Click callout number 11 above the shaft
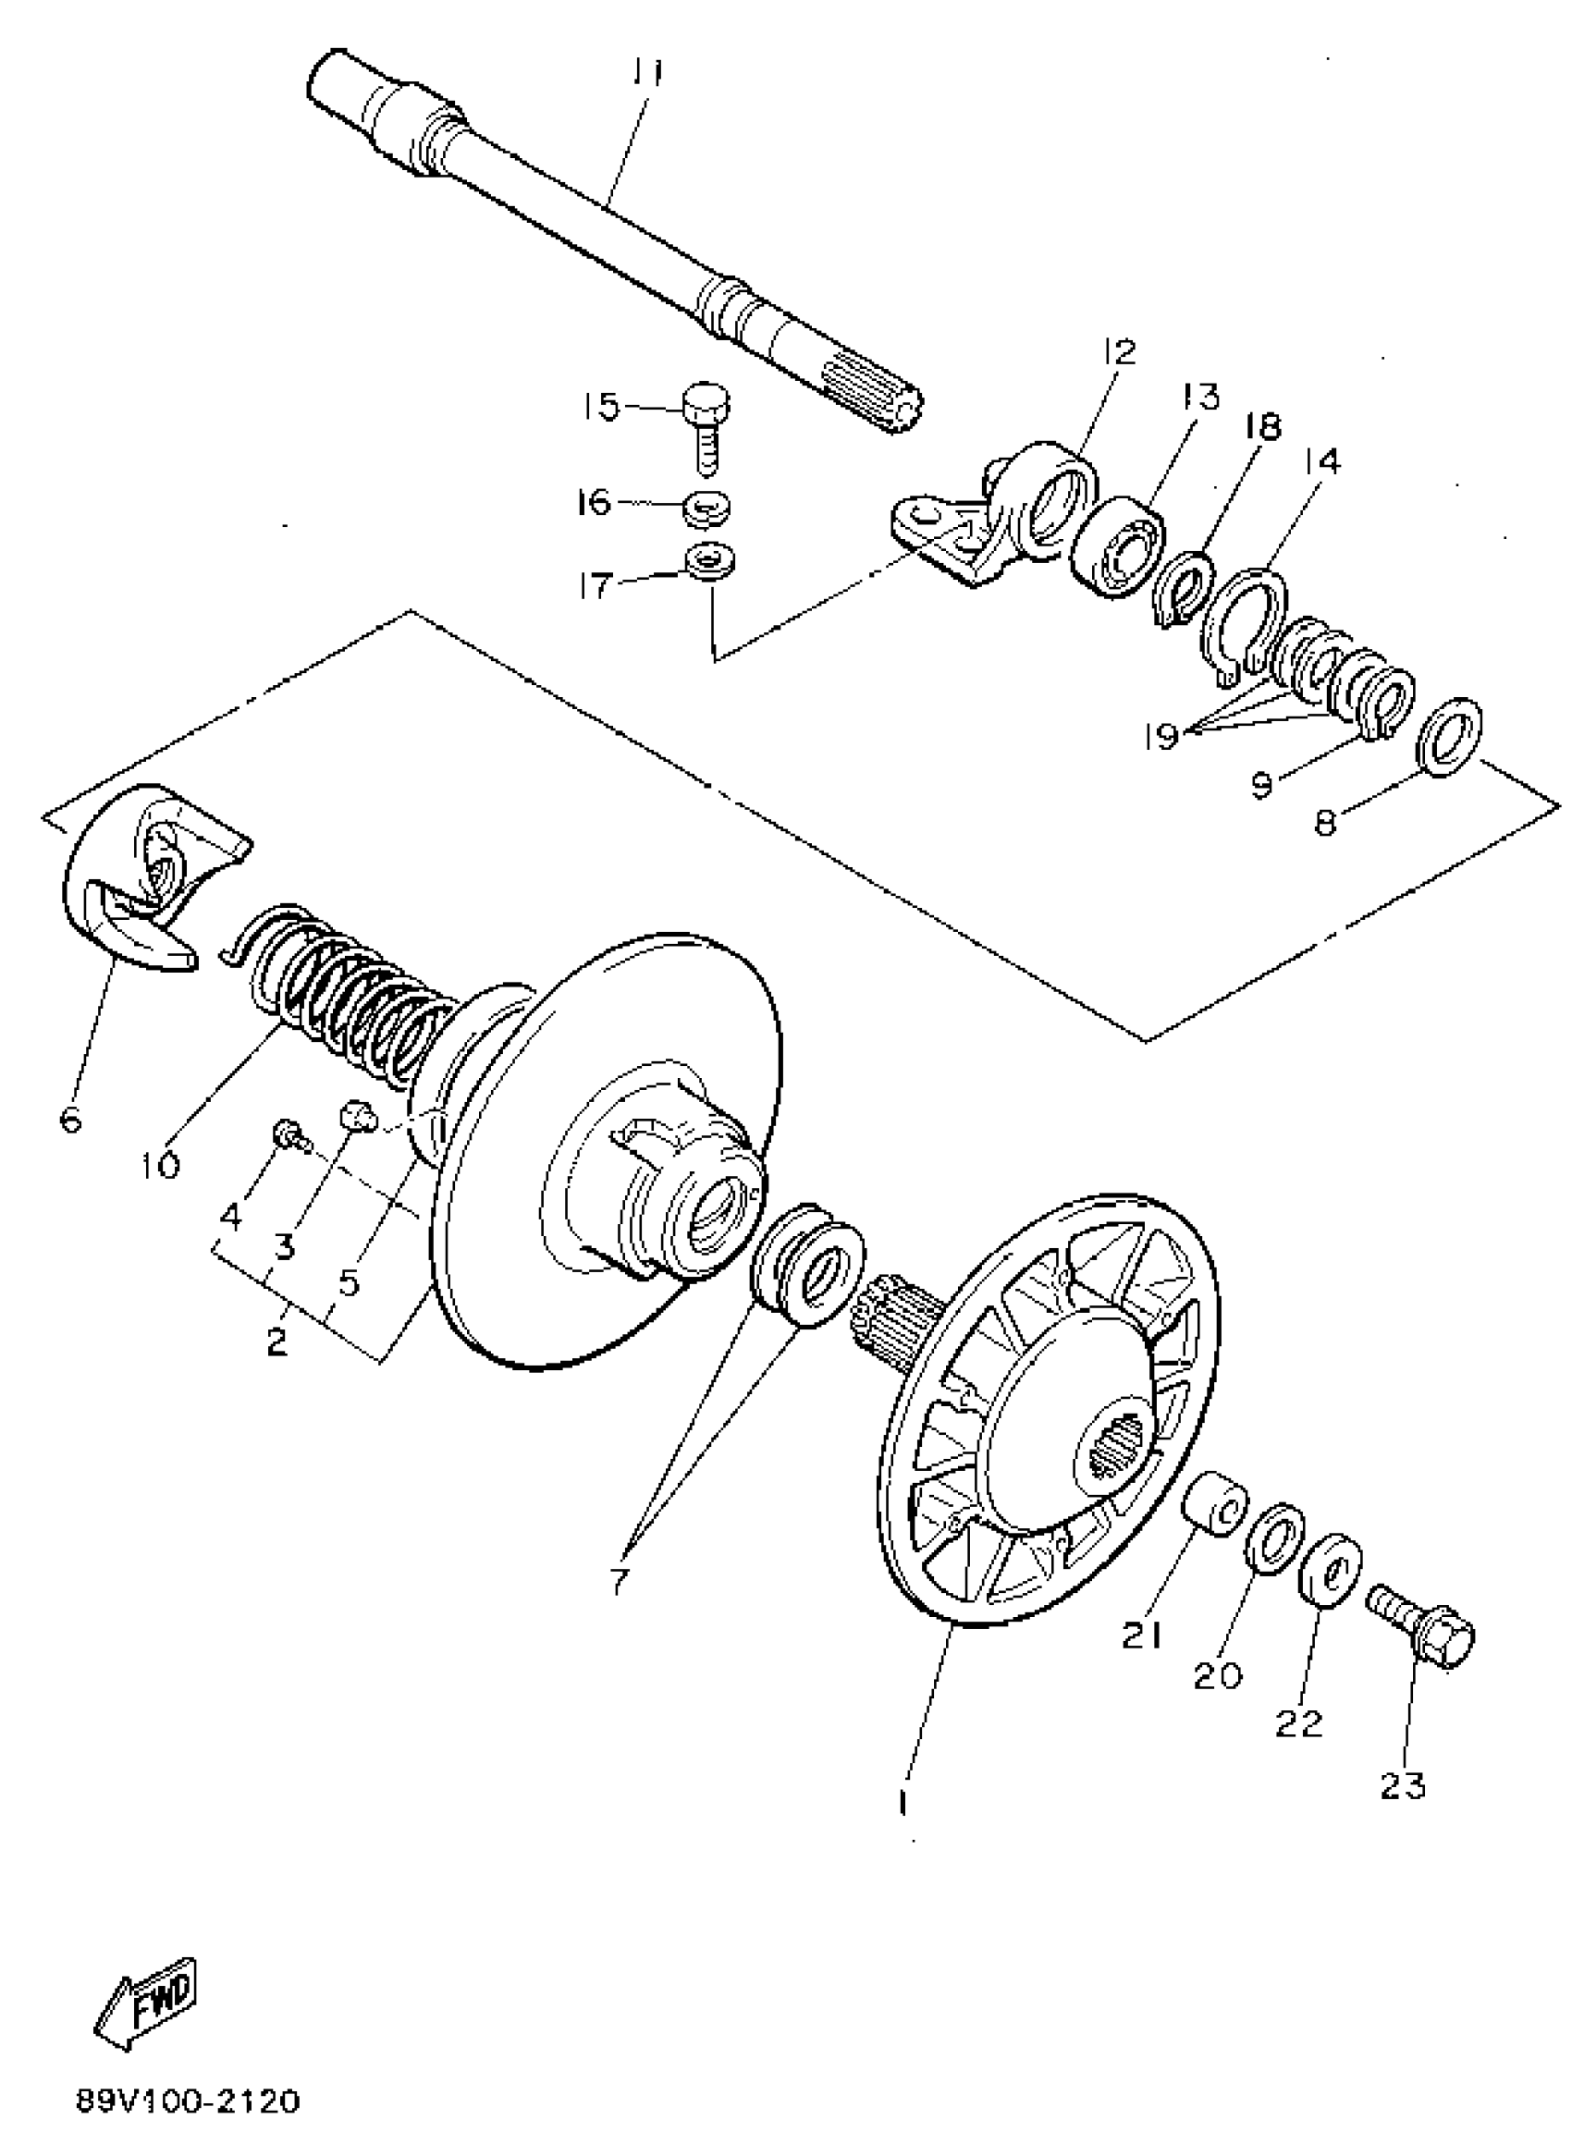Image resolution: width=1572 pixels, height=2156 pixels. (648, 73)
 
